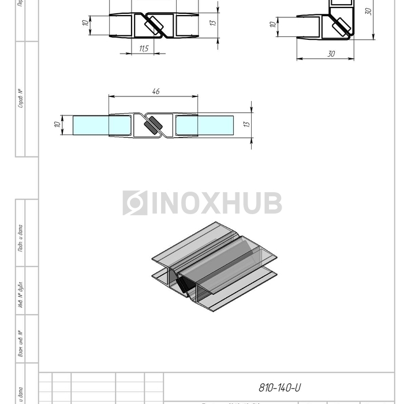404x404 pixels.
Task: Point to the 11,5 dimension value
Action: point(143,49)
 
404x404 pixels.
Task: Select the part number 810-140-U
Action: point(280,387)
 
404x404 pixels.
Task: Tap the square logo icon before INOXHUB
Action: point(134,203)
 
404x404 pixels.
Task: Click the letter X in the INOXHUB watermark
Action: point(211,203)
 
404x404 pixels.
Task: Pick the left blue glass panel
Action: point(91,125)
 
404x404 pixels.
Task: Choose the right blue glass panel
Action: point(205,125)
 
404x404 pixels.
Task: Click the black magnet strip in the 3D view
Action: point(186,284)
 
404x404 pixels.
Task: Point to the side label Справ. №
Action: point(21,99)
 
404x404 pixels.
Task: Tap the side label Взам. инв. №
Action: point(21,344)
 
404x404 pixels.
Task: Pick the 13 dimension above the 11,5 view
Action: point(212,23)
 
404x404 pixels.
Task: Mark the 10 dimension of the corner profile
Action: point(273,25)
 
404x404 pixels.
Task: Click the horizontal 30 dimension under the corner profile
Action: point(331,54)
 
